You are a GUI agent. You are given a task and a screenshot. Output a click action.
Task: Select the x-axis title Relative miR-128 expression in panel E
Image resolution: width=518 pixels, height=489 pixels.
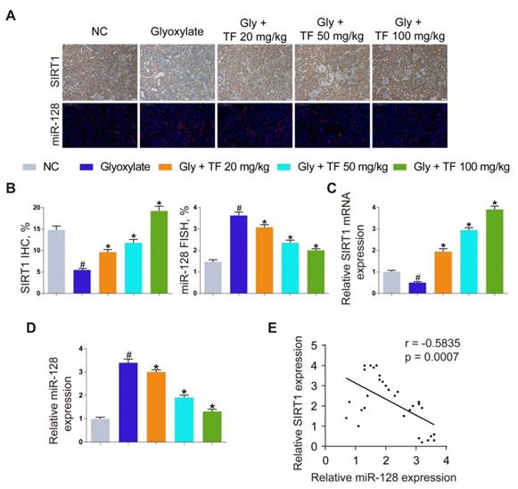click(x=385, y=477)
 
